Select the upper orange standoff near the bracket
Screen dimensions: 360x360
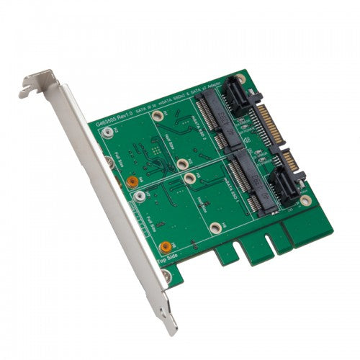(x=132, y=182)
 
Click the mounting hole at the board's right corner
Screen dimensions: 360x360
(x=305, y=199)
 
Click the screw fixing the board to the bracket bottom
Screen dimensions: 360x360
(x=167, y=275)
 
